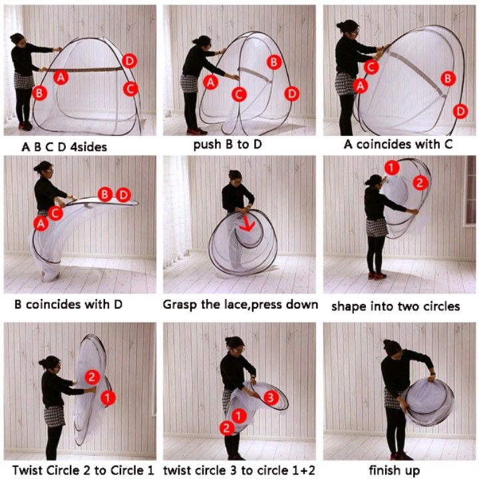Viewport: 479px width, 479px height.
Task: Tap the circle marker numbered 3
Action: [271, 398]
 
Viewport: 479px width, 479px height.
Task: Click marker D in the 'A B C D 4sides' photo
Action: [130, 61]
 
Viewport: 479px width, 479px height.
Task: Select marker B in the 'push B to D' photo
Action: [273, 63]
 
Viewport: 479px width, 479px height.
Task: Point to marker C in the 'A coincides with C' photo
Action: [371, 67]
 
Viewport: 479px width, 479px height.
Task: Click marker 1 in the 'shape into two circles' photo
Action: [392, 168]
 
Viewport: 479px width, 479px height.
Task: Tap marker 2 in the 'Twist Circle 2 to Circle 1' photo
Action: [92, 377]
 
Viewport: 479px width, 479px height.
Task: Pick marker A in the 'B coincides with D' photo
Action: [41, 224]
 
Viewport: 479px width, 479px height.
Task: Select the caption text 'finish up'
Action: [395, 470]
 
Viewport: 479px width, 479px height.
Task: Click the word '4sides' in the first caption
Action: [88, 147]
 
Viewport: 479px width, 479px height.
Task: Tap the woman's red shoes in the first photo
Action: [26, 126]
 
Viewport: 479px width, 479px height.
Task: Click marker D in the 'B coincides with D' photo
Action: [124, 195]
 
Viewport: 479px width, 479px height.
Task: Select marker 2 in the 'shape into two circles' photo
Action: [420, 183]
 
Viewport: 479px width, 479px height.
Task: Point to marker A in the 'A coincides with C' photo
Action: [361, 86]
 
